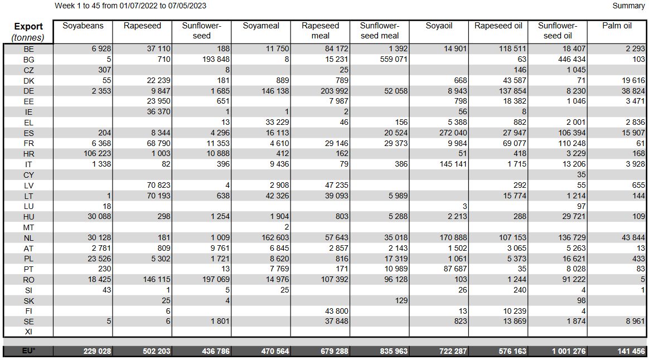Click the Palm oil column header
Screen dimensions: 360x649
tap(617, 26)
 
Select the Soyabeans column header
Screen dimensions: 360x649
tap(83, 26)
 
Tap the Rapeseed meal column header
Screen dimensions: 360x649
tap(320, 31)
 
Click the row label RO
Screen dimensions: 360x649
tap(28, 280)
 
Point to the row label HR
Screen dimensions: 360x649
tap(28, 154)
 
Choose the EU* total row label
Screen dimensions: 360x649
tap(28, 351)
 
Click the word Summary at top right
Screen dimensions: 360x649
tap(628, 6)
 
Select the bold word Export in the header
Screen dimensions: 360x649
tap(28, 27)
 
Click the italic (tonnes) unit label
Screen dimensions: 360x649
tap(28, 37)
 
